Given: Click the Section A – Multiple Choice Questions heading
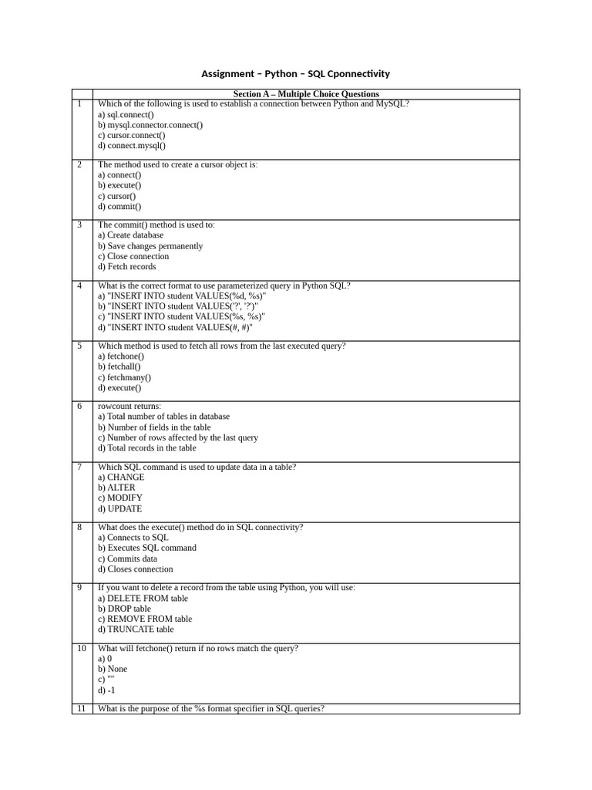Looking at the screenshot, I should click(x=306, y=94).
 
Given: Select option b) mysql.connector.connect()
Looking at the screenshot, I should click(x=150, y=125).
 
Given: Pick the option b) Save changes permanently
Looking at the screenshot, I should click(x=150, y=246).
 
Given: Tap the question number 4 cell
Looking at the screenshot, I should click(x=79, y=285).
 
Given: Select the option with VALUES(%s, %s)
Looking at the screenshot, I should click(x=181, y=316).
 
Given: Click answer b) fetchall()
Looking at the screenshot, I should click(x=119, y=367).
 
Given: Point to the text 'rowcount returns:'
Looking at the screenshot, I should click(x=129, y=406).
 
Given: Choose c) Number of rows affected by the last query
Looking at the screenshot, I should click(x=178, y=437).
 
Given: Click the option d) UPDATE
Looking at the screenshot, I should click(x=119, y=509).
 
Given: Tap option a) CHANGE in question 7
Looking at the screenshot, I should click(x=121, y=478).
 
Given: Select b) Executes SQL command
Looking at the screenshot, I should click(x=147, y=548).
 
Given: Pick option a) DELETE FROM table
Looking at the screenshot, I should click(x=143, y=599).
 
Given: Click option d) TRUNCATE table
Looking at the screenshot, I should click(x=136, y=630).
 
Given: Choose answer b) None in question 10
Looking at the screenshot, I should click(x=113, y=669).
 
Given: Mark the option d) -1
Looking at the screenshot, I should click(x=106, y=690).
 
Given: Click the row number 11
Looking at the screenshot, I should click(x=81, y=708).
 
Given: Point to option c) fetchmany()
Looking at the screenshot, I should click(x=124, y=378).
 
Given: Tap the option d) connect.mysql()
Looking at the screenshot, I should click(x=132, y=145).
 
